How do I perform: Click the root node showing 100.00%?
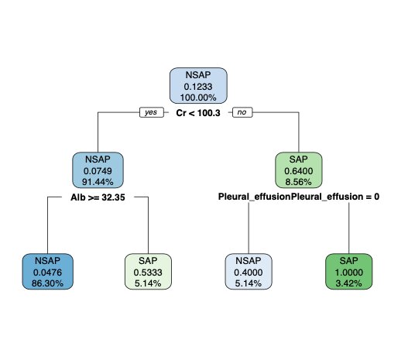tap(198, 86)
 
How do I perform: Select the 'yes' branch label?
tap(152, 112)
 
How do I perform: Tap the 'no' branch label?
tap(242, 112)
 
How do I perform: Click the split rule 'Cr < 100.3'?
tap(198, 113)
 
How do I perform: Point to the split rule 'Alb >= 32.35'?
tap(98, 197)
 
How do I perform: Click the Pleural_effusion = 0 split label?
tap(299, 197)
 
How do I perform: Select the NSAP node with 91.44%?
tap(98, 170)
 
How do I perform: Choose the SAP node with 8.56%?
tap(299, 170)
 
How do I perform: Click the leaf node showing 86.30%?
tap(48, 272)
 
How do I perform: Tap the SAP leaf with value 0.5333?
tap(148, 272)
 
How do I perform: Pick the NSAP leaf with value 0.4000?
tap(249, 272)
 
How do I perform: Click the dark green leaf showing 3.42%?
tap(348, 272)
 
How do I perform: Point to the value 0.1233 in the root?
tap(198, 87)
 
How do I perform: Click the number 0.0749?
tap(98, 171)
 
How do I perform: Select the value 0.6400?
tap(299, 171)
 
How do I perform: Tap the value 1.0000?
tap(348, 273)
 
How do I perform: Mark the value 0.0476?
tap(48, 273)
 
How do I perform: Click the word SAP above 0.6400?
tap(299, 159)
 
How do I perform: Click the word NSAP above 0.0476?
tap(48, 261)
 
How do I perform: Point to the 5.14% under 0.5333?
tap(148, 283)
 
